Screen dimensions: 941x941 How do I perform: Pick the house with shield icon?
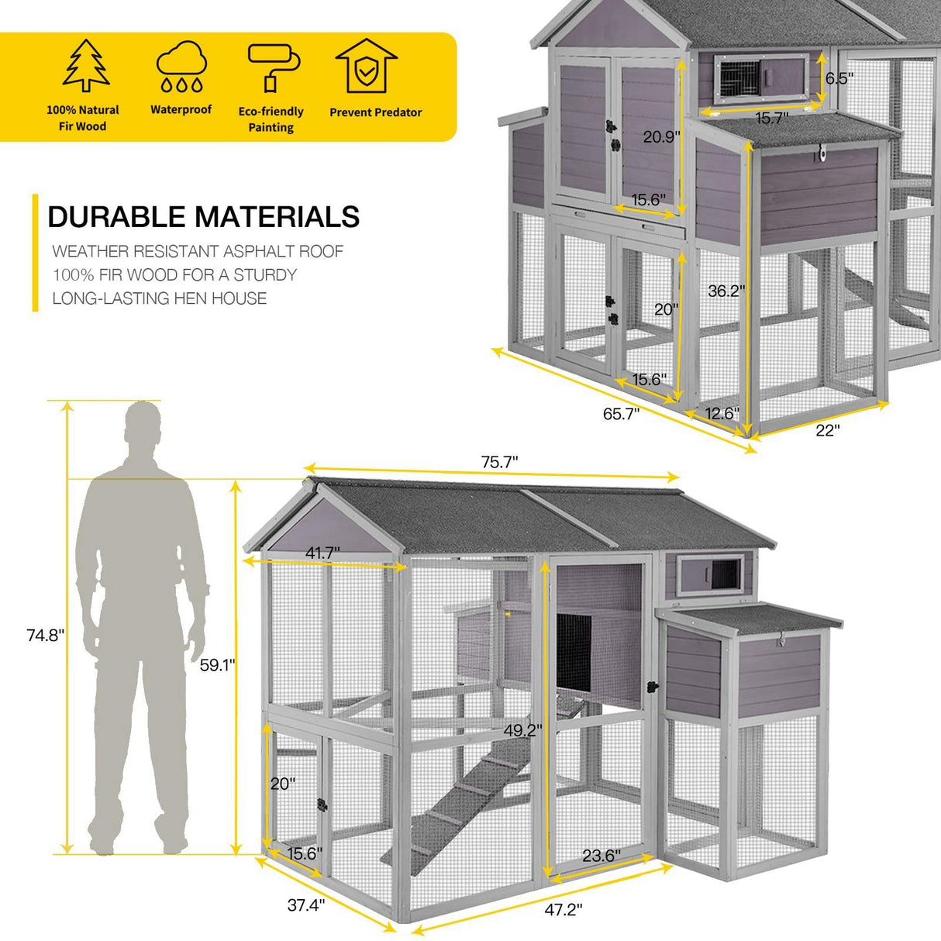(x=366, y=67)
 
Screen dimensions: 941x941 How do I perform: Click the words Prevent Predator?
(x=376, y=112)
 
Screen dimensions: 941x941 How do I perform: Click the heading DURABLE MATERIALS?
(x=204, y=217)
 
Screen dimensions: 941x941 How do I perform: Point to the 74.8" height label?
(x=46, y=636)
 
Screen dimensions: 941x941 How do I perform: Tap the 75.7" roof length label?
(x=499, y=462)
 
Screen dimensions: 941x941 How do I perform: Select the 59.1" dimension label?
(x=217, y=665)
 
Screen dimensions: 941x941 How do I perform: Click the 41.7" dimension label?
(x=322, y=553)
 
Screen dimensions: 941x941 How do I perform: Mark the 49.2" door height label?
(x=522, y=730)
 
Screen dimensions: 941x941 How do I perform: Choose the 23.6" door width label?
(x=601, y=856)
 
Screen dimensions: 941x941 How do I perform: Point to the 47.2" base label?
(x=564, y=910)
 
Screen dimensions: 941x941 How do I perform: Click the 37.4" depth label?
(x=306, y=905)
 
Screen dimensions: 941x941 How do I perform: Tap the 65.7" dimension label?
(x=622, y=414)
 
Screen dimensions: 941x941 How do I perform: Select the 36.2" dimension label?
(x=726, y=291)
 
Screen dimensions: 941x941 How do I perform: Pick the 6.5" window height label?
(x=839, y=78)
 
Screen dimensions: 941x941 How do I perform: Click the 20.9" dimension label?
(x=662, y=136)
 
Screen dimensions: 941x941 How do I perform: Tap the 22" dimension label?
(x=827, y=431)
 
